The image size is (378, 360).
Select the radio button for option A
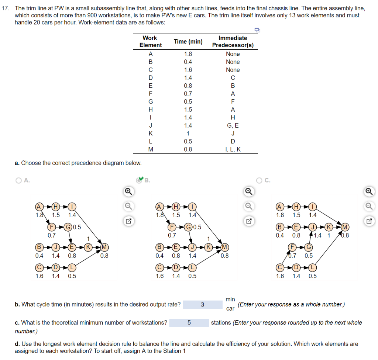18,180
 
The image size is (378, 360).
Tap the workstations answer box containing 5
189,322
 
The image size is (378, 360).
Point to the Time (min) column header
188,41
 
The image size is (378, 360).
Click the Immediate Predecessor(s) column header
233,41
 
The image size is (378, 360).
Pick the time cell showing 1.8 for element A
188,54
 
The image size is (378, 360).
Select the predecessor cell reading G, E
233,125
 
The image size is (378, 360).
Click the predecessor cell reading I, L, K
233,149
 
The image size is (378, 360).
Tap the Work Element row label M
150,149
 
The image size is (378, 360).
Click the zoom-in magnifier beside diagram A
127,191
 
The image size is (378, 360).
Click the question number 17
5,8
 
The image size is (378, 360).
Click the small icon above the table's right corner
257,30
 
